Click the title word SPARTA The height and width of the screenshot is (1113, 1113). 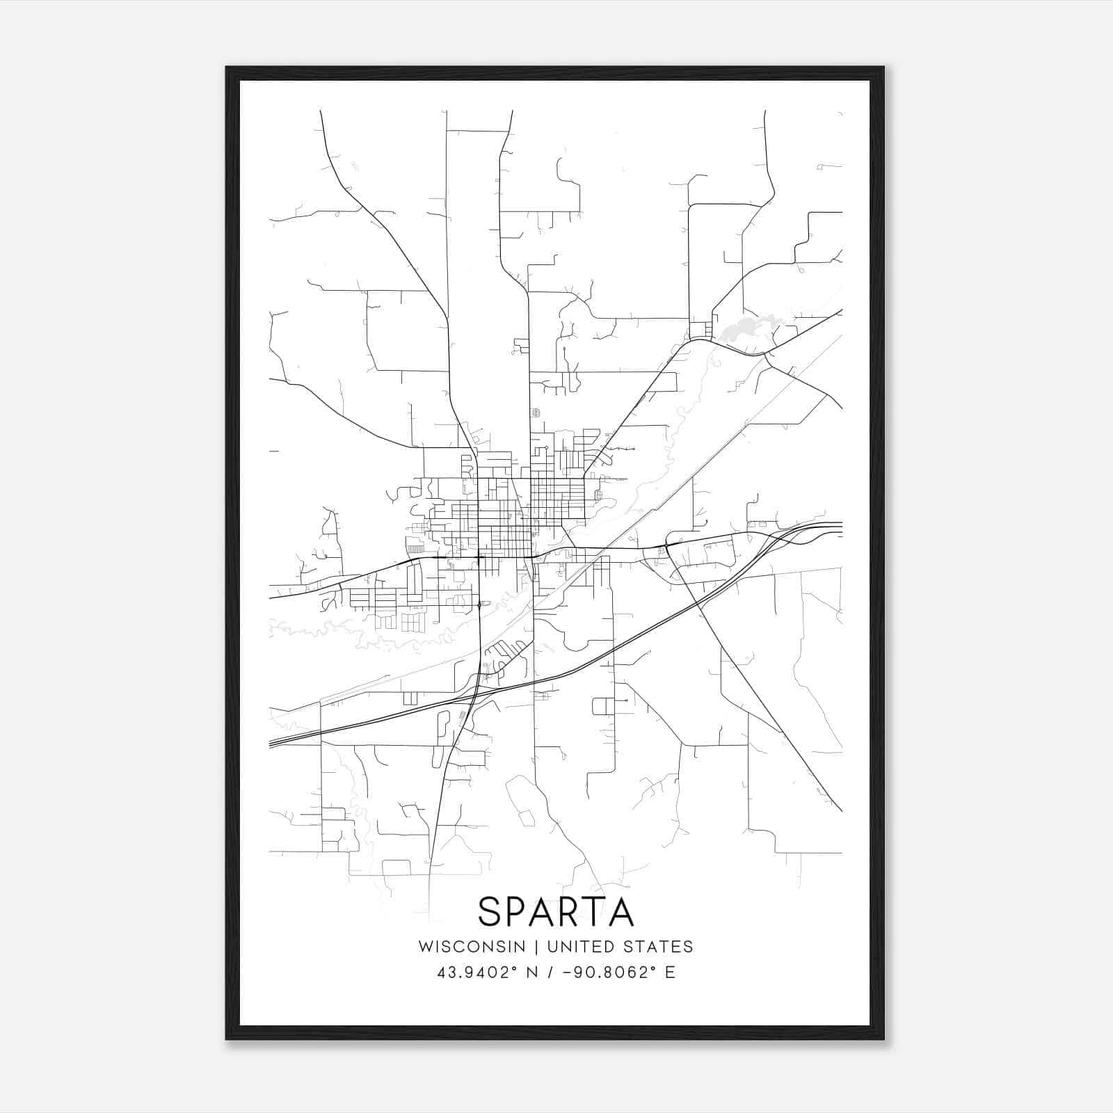pyautogui.click(x=556, y=912)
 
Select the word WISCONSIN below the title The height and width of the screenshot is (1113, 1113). pyautogui.click(x=472, y=947)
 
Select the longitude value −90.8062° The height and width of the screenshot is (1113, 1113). pyautogui.click(x=607, y=972)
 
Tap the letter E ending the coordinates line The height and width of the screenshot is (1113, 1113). pyautogui.click(x=671, y=972)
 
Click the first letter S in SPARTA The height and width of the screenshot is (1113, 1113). pyautogui.click(x=490, y=912)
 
